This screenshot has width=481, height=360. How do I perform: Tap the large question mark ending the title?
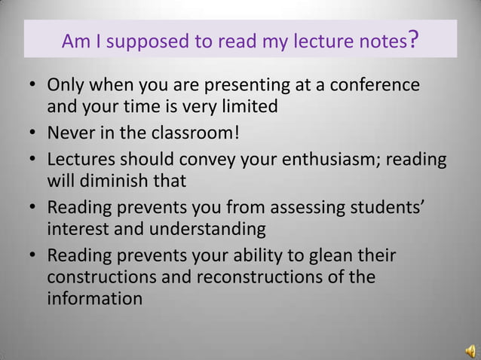[412, 38]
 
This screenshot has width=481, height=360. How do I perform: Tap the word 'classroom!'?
[199, 136]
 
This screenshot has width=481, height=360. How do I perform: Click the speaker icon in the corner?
[469, 349]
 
